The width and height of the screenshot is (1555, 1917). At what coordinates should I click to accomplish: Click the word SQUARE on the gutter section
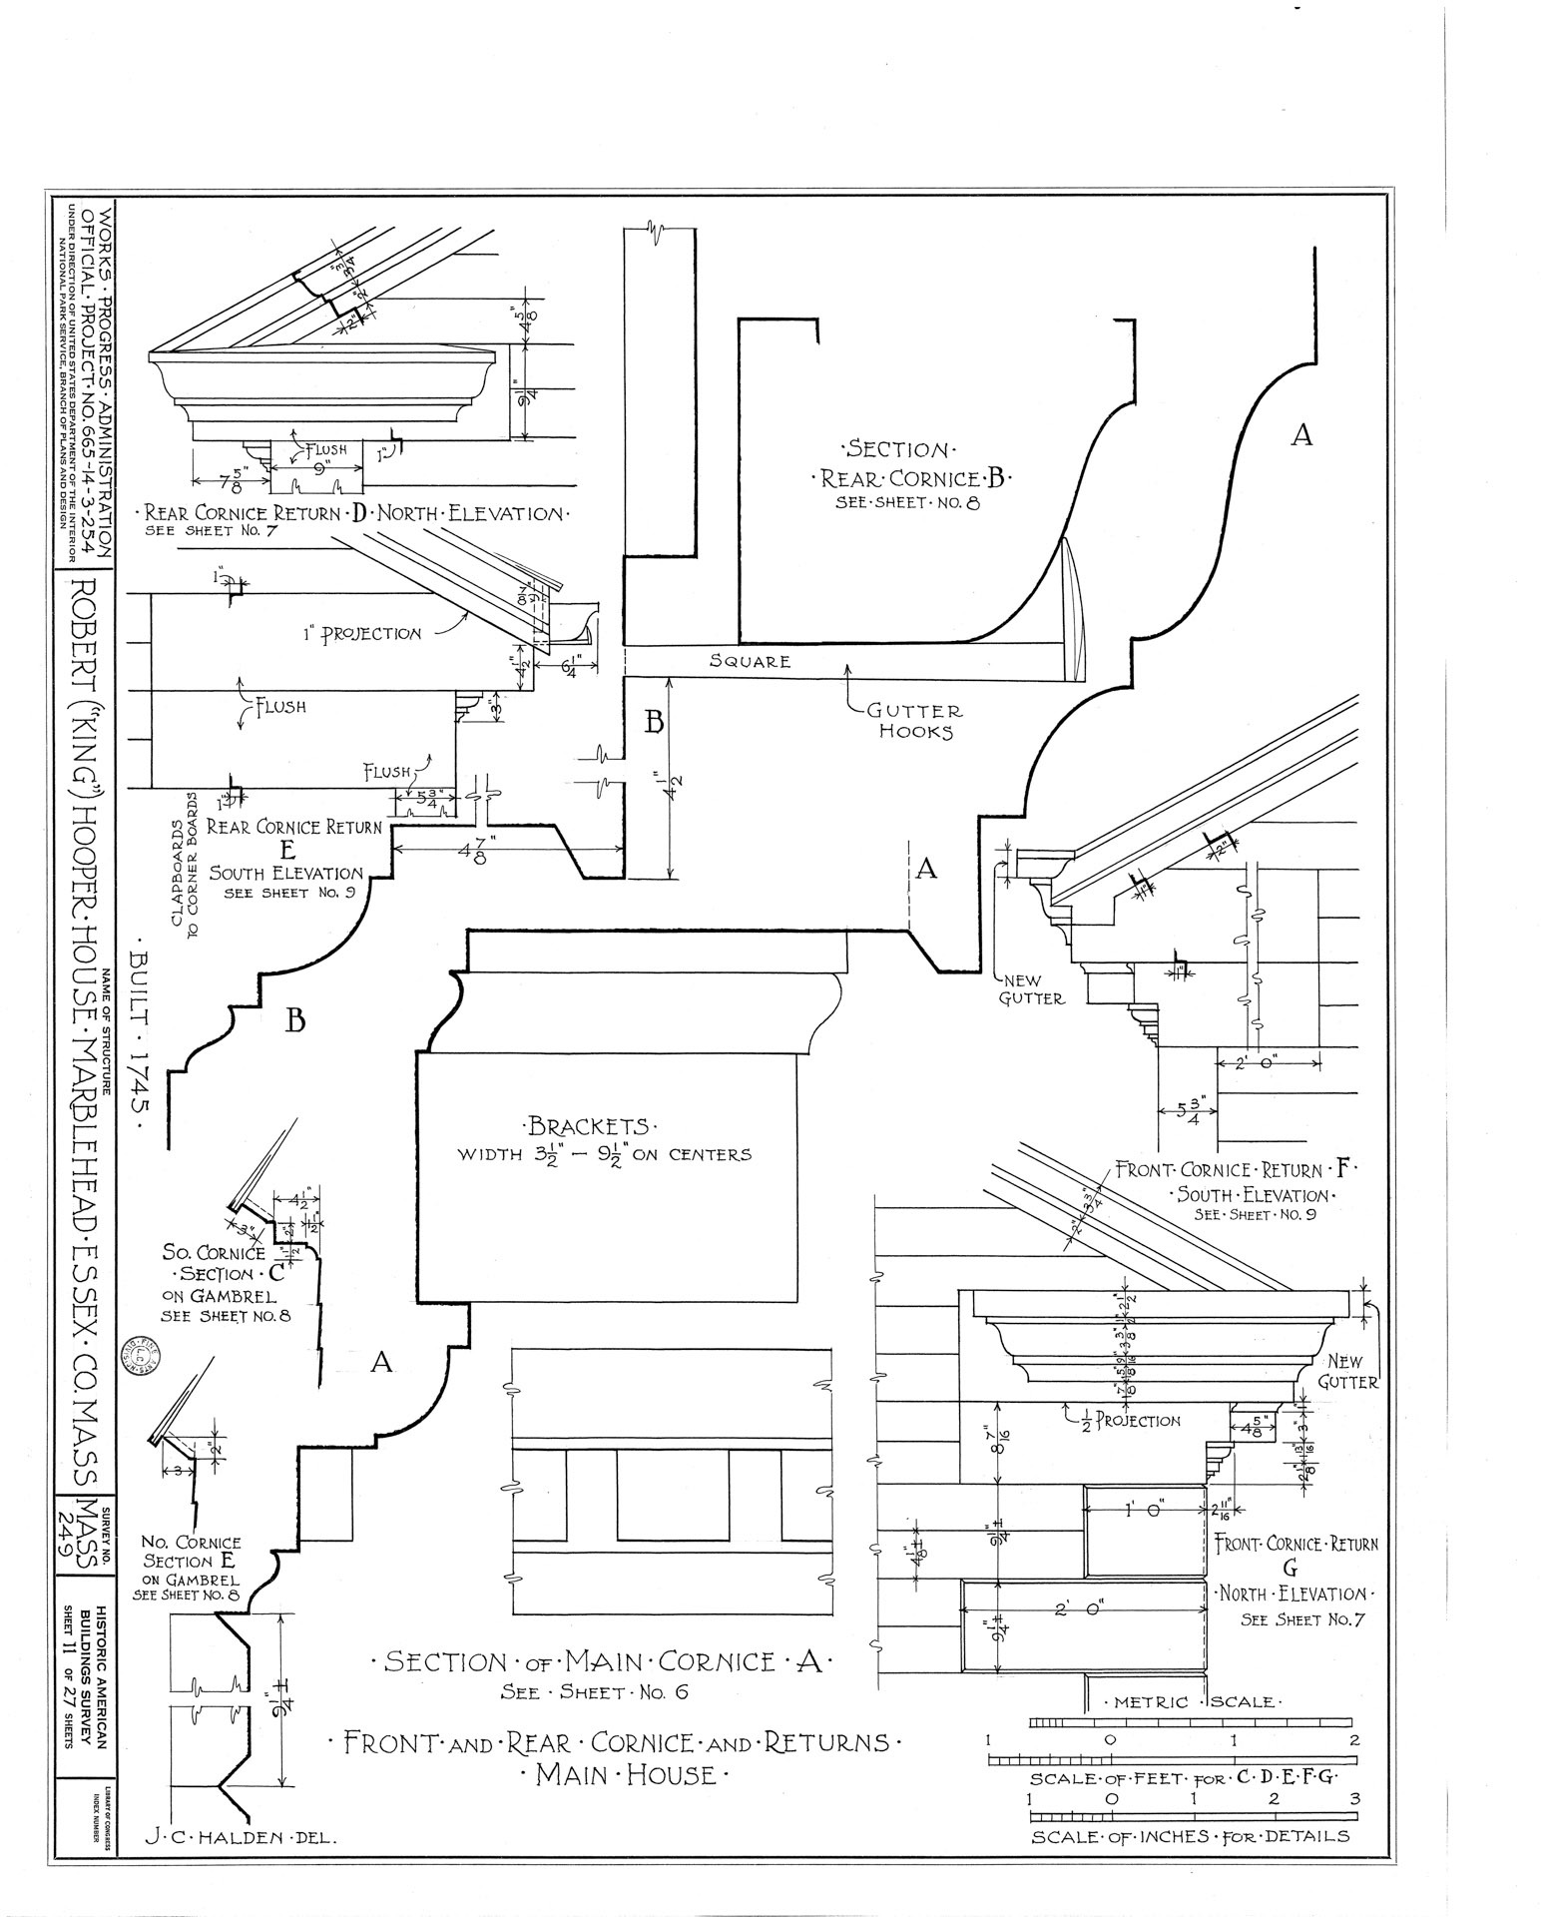750,661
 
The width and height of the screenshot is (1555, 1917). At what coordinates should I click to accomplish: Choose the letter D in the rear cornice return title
357,513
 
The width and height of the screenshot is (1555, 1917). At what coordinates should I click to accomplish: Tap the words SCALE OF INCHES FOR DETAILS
1190,1835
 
